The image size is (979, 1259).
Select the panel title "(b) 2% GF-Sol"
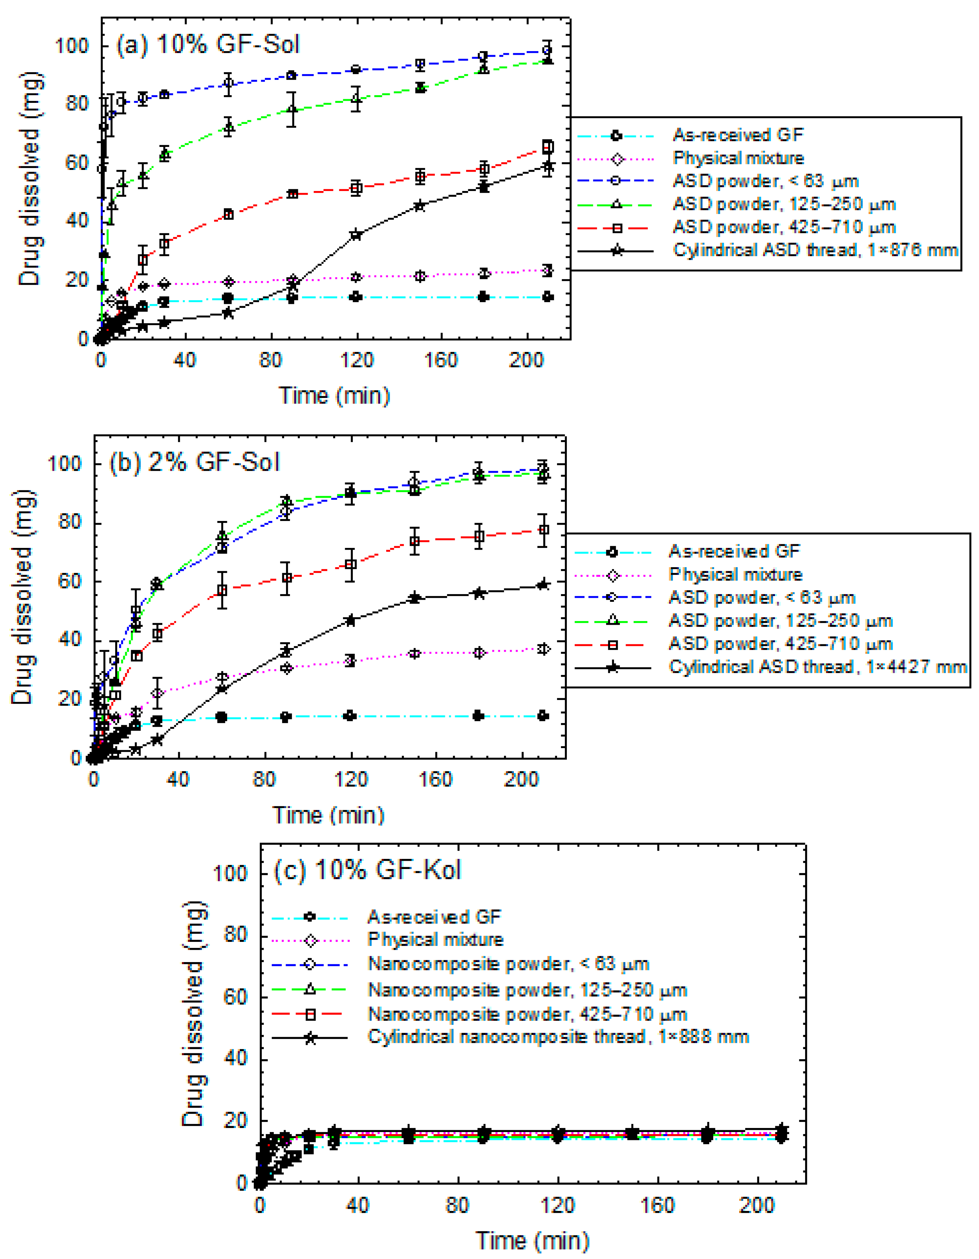[x=194, y=462]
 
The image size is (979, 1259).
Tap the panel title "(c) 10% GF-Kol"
[x=367, y=869]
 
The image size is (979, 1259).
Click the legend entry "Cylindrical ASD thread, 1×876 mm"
[x=815, y=250]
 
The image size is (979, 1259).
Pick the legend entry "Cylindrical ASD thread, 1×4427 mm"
[x=817, y=667]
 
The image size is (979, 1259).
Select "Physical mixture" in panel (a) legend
[x=738, y=158]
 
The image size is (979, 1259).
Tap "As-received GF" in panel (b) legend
[x=734, y=552]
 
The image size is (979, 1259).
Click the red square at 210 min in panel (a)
[x=548, y=147]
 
